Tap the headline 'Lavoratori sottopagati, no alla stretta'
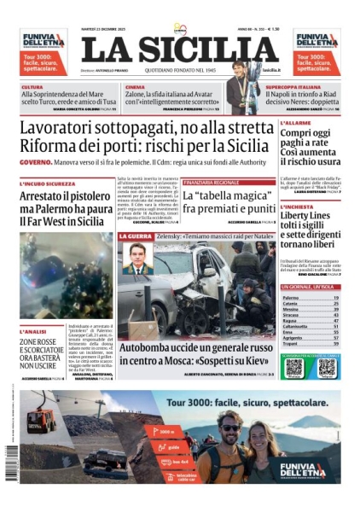coord(144,130)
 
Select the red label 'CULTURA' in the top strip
coord(32,87)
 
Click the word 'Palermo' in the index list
coord(292,298)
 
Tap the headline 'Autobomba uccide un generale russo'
coord(193,349)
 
